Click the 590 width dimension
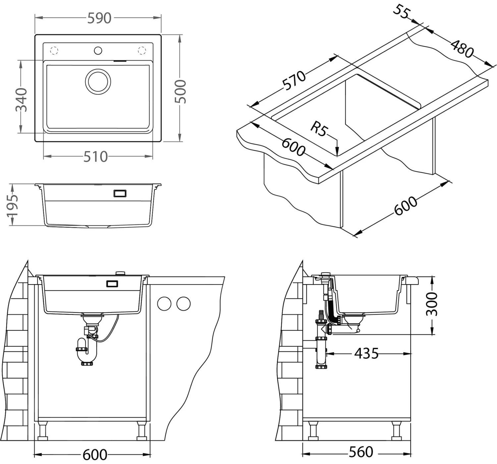(99, 18)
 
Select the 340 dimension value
(21, 99)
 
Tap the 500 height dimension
(181, 91)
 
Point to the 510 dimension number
(95, 157)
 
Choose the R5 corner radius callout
(318, 129)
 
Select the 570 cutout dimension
(294, 80)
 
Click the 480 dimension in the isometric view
(462, 49)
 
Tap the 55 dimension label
(402, 12)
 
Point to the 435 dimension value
(366, 354)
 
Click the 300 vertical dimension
(432, 304)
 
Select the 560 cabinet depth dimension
(360, 452)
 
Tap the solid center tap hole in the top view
(98, 51)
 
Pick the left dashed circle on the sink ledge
(54, 51)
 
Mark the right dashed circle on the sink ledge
(141, 51)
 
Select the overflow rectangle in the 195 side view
(120, 193)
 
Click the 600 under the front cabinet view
(95, 455)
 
